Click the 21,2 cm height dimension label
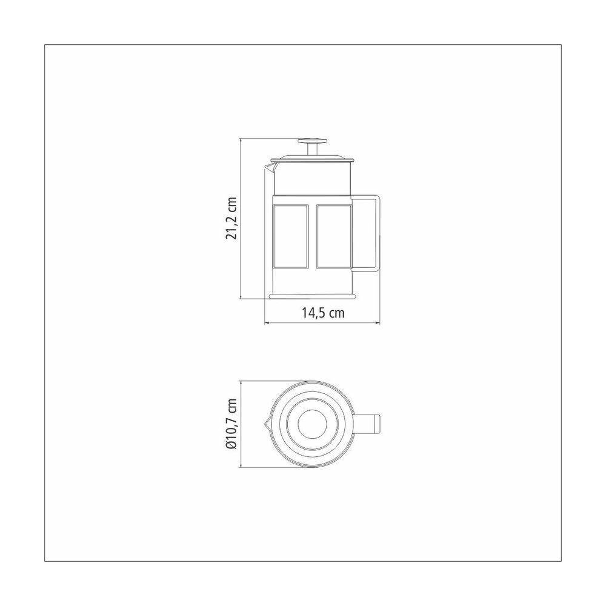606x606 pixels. pos(231,218)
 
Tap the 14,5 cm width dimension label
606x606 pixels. pos(323,312)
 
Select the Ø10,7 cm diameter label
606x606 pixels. pos(231,424)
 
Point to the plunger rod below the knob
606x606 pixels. pos(313,150)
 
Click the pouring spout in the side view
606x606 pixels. pos(269,167)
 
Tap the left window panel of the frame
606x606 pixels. pos(290,236)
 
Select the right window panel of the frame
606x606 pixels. pos(334,236)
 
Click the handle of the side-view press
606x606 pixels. pos(377,233)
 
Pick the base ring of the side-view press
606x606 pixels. pos(312,296)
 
